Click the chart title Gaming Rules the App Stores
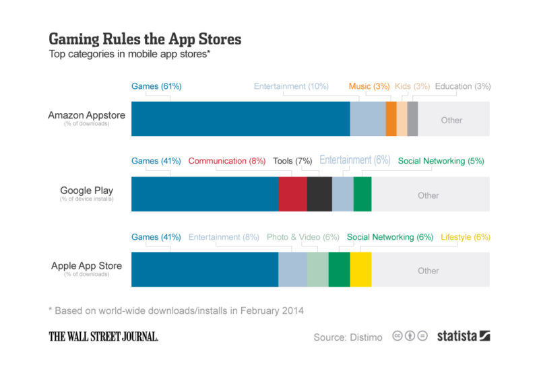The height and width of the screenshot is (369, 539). pos(145,39)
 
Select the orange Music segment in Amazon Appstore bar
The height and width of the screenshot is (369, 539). pos(391,119)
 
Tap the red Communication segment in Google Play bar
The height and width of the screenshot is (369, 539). pos(292,195)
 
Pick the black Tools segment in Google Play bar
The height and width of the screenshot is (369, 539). pos(319,195)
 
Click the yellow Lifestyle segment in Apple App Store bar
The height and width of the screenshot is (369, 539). pos(360,270)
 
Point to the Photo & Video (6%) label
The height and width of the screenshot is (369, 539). pos(303,237)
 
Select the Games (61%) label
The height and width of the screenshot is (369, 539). pos(156,86)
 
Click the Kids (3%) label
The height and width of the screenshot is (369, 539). pos(412,86)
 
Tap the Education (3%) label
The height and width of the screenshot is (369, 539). pos(463,86)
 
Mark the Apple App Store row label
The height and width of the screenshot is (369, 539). pos(86,266)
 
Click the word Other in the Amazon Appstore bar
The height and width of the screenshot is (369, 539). pos(451,120)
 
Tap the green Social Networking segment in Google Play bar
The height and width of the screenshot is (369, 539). pos(362,195)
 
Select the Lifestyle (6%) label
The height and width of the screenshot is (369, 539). pos(465,237)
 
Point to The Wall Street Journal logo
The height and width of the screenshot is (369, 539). pos(103,336)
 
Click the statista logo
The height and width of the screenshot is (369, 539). pos(464,335)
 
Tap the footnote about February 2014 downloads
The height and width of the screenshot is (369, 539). pos(176,310)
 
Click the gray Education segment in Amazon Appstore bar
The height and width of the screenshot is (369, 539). pos(413,119)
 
